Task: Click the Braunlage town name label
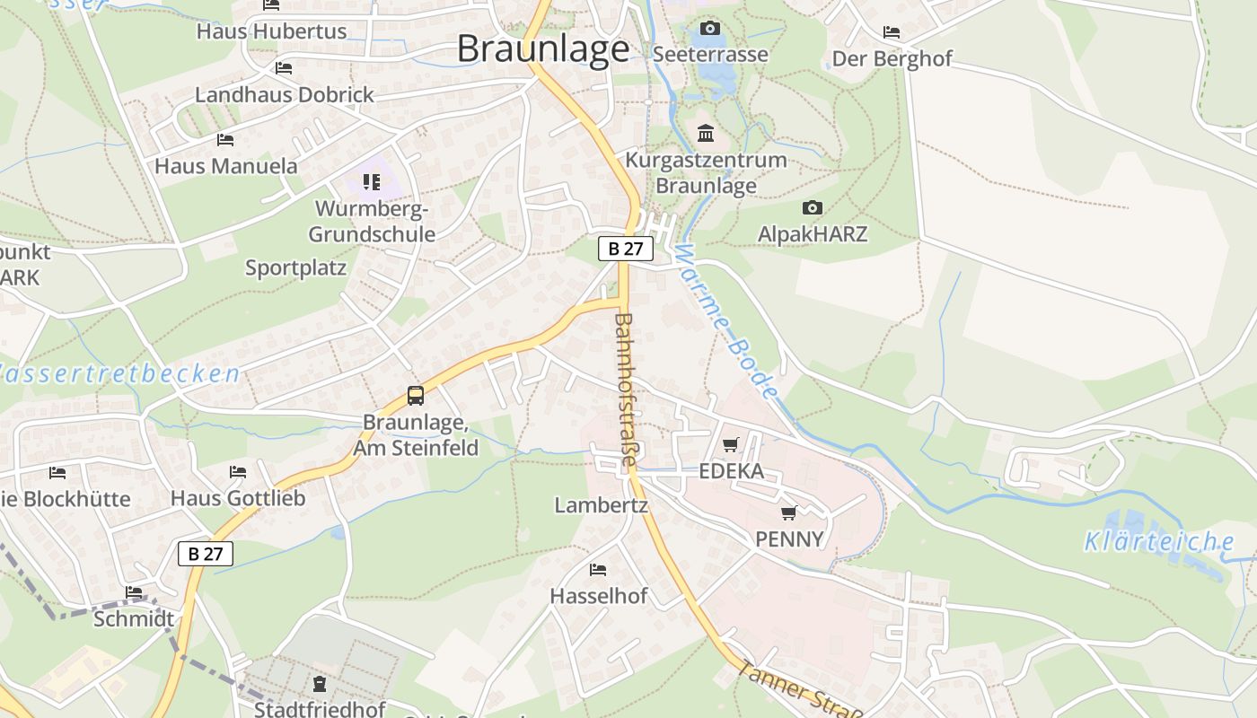(x=542, y=48)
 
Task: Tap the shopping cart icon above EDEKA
(x=730, y=445)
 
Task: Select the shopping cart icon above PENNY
(x=788, y=512)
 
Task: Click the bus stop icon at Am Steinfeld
(x=415, y=395)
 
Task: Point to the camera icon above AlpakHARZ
(x=812, y=208)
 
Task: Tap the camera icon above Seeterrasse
(x=709, y=29)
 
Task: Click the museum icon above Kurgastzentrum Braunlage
(x=706, y=134)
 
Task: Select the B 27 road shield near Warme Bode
(x=625, y=249)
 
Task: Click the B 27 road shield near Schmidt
(x=206, y=554)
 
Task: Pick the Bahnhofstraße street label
(x=625, y=389)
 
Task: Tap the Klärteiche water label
(x=1158, y=541)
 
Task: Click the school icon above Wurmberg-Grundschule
(x=372, y=182)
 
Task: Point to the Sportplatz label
(x=295, y=268)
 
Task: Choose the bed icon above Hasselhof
(x=597, y=570)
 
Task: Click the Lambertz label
(x=601, y=505)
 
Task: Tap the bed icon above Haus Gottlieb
(x=237, y=471)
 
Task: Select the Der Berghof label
(x=892, y=59)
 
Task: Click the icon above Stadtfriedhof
(x=319, y=685)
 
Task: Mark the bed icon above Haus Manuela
(x=224, y=140)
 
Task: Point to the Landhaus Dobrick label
(x=284, y=94)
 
